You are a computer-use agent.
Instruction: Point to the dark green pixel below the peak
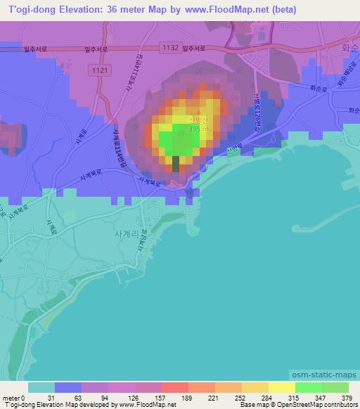176,164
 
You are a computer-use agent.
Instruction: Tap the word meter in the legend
11,398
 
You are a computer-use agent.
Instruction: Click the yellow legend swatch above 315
281,387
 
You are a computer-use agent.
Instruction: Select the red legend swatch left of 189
174,387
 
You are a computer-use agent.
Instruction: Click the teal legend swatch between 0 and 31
41,387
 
